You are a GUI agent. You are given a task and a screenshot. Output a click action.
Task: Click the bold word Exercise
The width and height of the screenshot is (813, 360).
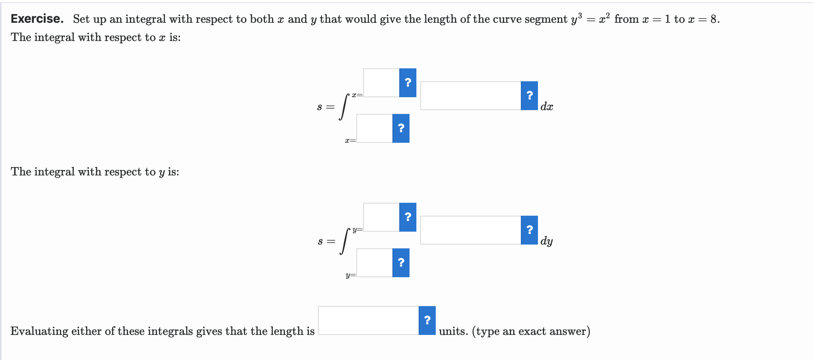pyautogui.click(x=37, y=19)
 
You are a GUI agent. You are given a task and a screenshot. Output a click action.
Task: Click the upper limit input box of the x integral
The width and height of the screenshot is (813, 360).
pyautogui.click(x=381, y=83)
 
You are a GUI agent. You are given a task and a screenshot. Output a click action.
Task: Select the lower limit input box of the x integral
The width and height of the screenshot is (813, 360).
pyautogui.click(x=374, y=128)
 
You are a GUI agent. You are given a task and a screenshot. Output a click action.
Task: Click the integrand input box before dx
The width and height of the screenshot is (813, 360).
pyautogui.click(x=470, y=96)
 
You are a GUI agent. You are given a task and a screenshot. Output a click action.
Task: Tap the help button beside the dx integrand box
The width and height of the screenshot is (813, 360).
pyautogui.click(x=529, y=96)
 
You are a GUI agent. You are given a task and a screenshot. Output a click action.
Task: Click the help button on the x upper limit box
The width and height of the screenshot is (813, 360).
pyautogui.click(x=408, y=83)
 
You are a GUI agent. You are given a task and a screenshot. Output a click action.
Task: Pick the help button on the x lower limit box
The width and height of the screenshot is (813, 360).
pyautogui.click(x=401, y=128)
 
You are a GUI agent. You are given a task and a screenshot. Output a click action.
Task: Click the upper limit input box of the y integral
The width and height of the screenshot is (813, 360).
pyautogui.click(x=381, y=217)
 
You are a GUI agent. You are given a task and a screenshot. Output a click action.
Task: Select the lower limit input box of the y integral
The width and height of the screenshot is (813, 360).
pyautogui.click(x=374, y=263)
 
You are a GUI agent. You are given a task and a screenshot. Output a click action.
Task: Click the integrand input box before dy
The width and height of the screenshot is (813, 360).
pyautogui.click(x=470, y=230)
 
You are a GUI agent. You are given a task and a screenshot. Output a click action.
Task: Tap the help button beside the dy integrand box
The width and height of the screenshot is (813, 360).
pyautogui.click(x=529, y=230)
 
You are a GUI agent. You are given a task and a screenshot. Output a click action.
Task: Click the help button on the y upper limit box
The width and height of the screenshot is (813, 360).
pyautogui.click(x=408, y=217)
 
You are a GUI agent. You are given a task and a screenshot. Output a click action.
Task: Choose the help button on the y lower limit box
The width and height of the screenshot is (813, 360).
pyautogui.click(x=401, y=263)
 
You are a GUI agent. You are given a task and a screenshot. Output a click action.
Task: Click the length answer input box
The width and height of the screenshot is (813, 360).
pyautogui.click(x=368, y=321)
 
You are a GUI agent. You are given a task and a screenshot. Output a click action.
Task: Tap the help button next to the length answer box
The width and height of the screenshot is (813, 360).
pyautogui.click(x=427, y=321)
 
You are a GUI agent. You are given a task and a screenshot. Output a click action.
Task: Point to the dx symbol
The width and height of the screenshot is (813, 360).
pyautogui.click(x=546, y=107)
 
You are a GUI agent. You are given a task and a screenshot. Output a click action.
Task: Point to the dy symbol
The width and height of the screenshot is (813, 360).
pyautogui.click(x=546, y=241)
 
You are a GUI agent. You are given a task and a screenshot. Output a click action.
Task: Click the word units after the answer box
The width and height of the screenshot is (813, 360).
pyautogui.click(x=453, y=331)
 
